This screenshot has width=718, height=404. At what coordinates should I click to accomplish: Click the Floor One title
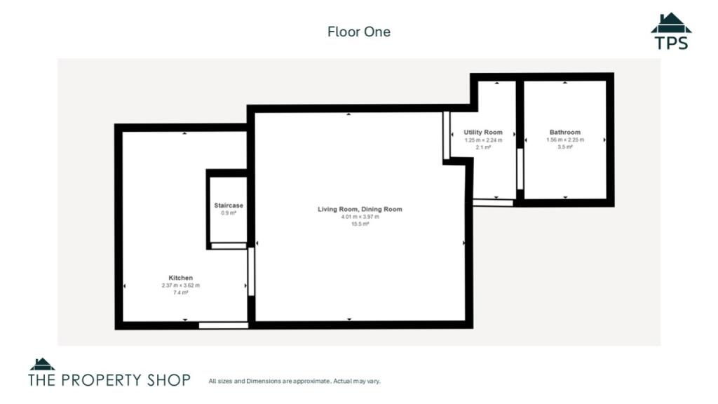click(358, 32)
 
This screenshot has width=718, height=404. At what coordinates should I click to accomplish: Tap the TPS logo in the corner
click(671, 32)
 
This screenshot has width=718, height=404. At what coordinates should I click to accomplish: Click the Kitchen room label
click(180, 278)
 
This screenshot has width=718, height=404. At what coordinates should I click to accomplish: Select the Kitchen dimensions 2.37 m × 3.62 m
click(180, 285)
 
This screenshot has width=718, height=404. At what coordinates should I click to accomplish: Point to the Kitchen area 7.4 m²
click(180, 292)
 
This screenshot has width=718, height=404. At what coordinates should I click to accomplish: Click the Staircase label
click(229, 206)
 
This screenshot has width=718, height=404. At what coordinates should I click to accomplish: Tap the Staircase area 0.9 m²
click(229, 213)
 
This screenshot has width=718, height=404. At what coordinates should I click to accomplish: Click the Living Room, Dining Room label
click(360, 209)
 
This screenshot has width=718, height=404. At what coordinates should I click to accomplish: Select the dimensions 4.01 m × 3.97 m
click(360, 217)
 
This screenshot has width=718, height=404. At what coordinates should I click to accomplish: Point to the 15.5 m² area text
click(360, 224)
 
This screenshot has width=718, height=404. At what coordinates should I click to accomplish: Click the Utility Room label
click(483, 133)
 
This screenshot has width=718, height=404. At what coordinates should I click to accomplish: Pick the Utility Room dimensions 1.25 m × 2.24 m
click(483, 140)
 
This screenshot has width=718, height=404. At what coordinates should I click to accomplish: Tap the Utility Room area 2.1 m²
click(483, 147)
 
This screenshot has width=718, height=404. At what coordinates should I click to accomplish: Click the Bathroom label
click(564, 133)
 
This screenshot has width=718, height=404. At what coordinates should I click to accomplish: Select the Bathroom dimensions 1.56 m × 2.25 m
click(564, 140)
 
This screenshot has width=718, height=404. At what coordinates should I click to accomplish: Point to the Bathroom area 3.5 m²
click(564, 147)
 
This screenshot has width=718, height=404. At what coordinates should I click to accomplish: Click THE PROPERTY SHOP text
click(109, 380)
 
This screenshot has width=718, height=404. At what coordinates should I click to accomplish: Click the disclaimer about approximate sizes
click(294, 382)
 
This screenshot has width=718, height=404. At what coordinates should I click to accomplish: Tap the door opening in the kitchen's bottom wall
click(223, 325)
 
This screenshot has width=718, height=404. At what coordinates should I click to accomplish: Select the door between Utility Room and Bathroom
click(520, 168)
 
